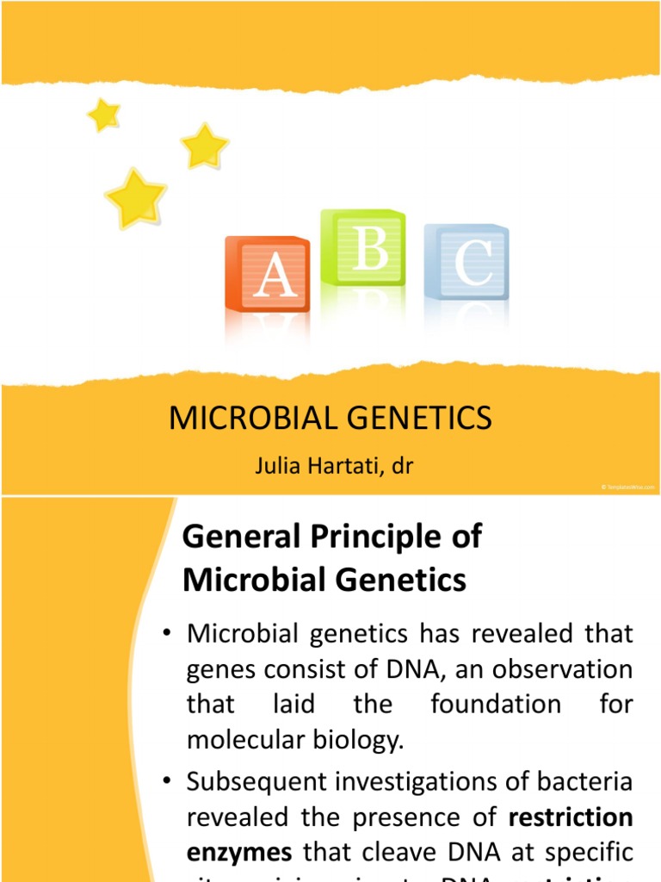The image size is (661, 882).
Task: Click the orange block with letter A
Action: click(x=267, y=273)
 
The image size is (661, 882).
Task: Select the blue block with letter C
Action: click(x=467, y=263)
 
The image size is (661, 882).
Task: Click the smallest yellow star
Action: click(x=103, y=115)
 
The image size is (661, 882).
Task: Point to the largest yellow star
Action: click(x=135, y=197)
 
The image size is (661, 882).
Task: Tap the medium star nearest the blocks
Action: click(x=204, y=146)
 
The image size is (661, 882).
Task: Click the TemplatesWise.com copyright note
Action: click(x=627, y=488)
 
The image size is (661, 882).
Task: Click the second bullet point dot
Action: click(x=168, y=785)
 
